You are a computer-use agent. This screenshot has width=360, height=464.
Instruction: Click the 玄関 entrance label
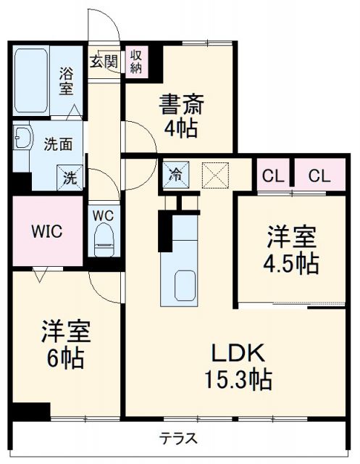point(102,62)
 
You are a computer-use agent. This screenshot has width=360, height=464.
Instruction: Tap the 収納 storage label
point(135,62)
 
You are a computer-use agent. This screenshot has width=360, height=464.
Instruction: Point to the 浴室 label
point(67,81)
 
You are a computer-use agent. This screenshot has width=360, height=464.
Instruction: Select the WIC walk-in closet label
point(46,232)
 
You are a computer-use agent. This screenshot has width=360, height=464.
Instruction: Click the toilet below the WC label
point(102,238)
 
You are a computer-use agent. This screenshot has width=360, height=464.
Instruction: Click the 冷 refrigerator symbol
point(176,174)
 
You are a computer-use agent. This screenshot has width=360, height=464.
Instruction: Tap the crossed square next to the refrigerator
point(215,174)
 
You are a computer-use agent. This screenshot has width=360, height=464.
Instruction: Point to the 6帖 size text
point(64,357)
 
